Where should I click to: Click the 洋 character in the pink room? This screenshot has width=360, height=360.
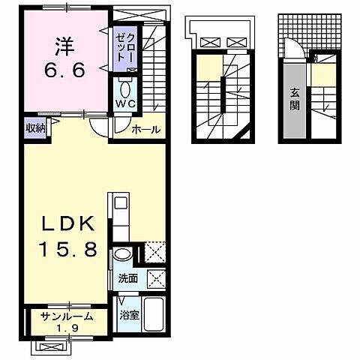[63, 46]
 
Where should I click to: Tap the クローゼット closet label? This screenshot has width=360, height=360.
[125, 47]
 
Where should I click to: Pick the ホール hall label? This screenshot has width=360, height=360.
[145, 130]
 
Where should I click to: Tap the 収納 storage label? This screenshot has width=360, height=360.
[35, 128]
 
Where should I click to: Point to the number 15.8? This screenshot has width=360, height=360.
[64, 250]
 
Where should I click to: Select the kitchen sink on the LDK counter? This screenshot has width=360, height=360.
[121, 202]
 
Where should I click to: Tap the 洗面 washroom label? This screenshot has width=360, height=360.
[127, 278]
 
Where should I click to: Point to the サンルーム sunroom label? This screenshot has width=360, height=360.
[67, 316]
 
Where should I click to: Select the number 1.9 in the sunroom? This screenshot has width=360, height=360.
[67, 328]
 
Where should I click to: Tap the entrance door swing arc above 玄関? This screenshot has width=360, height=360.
[294, 51]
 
